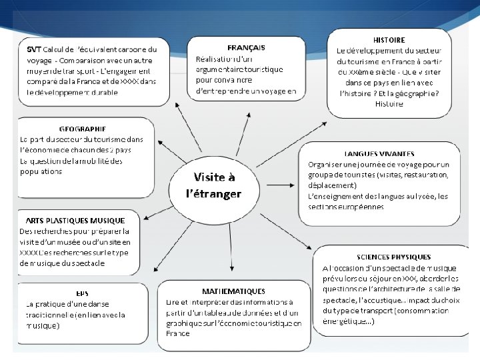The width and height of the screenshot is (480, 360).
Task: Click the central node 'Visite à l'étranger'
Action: pyautogui.click(x=215, y=185)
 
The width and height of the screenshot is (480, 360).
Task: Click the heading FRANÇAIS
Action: pyautogui.click(x=247, y=47)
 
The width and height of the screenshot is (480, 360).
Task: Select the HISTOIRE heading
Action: pyautogui.click(x=389, y=40)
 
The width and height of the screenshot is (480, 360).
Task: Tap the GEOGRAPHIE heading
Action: pyautogui.click(x=82, y=129)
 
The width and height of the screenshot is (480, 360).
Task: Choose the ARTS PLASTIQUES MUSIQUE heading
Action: pyautogui.click(x=75, y=220)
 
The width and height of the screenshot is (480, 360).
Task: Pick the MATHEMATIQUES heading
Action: pyautogui.click(x=233, y=291)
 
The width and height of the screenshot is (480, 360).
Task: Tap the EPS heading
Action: pyautogui.click(x=81, y=293)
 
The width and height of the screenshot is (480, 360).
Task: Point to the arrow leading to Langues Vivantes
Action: pyautogui.click(x=280, y=180)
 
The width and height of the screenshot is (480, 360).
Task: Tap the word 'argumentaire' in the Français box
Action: pyautogui.click(x=225, y=69)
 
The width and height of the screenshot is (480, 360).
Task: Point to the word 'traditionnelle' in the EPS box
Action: pyautogui.click(x=49, y=315)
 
